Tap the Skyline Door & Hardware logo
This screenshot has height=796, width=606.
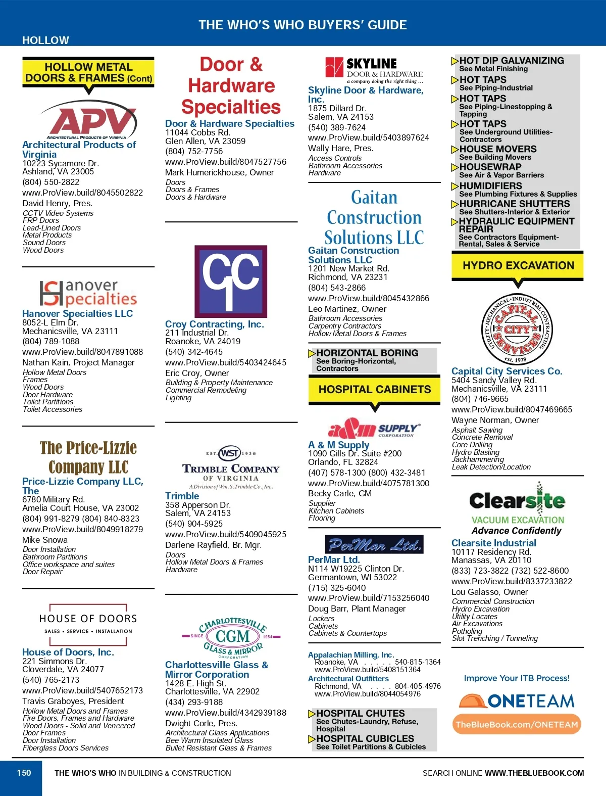(374, 70)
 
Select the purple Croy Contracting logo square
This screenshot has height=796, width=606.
(231, 281)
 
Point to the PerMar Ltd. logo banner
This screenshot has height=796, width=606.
(374, 544)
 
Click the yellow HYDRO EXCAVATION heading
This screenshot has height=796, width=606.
(518, 266)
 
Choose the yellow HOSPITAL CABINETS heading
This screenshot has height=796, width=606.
(374, 390)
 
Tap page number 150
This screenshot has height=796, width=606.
(24, 773)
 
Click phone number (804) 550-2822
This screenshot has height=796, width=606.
(51, 182)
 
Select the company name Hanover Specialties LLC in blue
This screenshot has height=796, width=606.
(77, 313)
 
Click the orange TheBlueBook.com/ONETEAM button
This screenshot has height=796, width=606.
(517, 724)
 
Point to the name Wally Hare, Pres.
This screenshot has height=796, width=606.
(340, 148)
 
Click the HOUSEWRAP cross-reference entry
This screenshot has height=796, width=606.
(490, 167)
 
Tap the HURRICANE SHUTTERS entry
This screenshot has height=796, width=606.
(514, 204)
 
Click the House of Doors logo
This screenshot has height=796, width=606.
(88, 625)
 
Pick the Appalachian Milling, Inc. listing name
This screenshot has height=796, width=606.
(350, 654)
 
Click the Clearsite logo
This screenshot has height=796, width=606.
(517, 508)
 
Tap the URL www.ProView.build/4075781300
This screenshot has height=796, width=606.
(369, 483)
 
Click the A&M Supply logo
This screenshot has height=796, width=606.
(374, 428)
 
